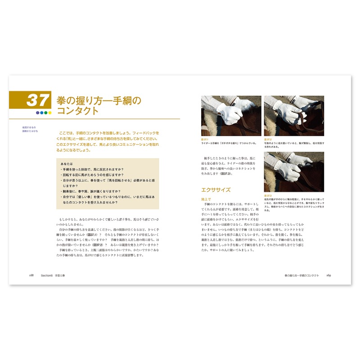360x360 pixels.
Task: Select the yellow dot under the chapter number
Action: (x=49, y=112)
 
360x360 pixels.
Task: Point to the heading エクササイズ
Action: (x=216, y=190)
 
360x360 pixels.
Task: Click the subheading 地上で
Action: (x=206, y=198)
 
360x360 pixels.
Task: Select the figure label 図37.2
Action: (x=267, y=140)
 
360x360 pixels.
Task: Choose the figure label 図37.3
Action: (x=267, y=196)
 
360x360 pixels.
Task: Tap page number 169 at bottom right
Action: (x=328, y=275)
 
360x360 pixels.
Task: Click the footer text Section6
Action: (x=47, y=275)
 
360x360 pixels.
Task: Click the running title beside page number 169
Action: (x=302, y=275)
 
